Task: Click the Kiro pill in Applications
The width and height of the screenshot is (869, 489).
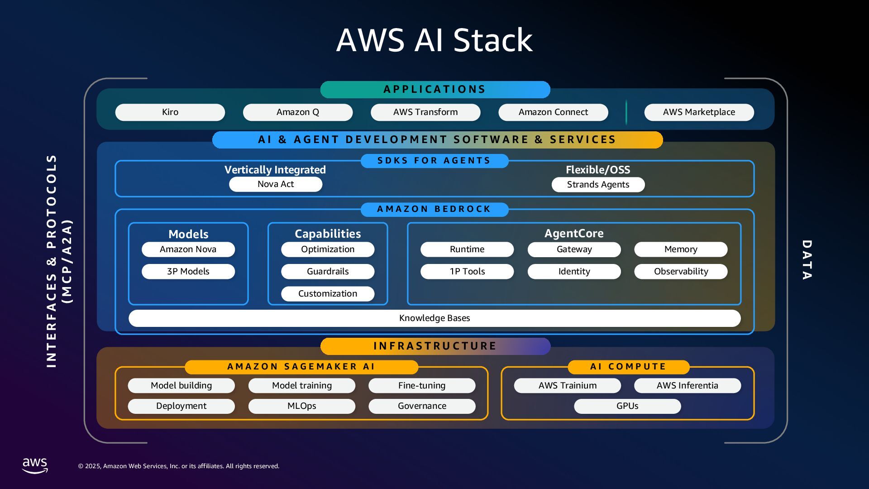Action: (x=170, y=112)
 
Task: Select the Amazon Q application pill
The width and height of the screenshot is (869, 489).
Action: (x=298, y=112)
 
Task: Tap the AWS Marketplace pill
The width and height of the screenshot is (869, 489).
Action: (x=699, y=112)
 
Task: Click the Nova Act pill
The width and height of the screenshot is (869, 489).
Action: (x=276, y=184)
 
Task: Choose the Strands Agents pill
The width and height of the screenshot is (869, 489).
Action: (x=598, y=185)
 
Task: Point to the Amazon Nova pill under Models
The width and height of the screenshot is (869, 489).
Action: (x=188, y=249)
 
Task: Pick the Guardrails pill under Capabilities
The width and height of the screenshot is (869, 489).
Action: (x=328, y=272)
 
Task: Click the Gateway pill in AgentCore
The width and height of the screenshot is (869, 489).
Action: (x=574, y=249)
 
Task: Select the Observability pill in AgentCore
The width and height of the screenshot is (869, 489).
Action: (x=681, y=272)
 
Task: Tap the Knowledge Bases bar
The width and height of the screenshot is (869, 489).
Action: (x=434, y=318)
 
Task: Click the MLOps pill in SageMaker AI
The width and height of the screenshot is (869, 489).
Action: (x=301, y=406)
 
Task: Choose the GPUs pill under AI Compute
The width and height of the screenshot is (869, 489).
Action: (x=627, y=406)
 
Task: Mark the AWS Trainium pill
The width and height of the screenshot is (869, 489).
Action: (x=568, y=386)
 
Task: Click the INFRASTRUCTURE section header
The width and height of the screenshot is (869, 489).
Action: (x=435, y=346)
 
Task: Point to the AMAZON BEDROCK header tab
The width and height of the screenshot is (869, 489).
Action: (x=434, y=209)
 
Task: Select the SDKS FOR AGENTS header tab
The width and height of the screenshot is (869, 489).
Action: (x=434, y=161)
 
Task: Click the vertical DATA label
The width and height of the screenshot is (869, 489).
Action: (x=807, y=260)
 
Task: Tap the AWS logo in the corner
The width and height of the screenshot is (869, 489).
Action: (x=35, y=465)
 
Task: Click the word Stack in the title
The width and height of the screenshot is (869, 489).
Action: (x=493, y=40)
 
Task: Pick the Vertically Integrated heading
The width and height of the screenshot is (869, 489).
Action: (x=275, y=170)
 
